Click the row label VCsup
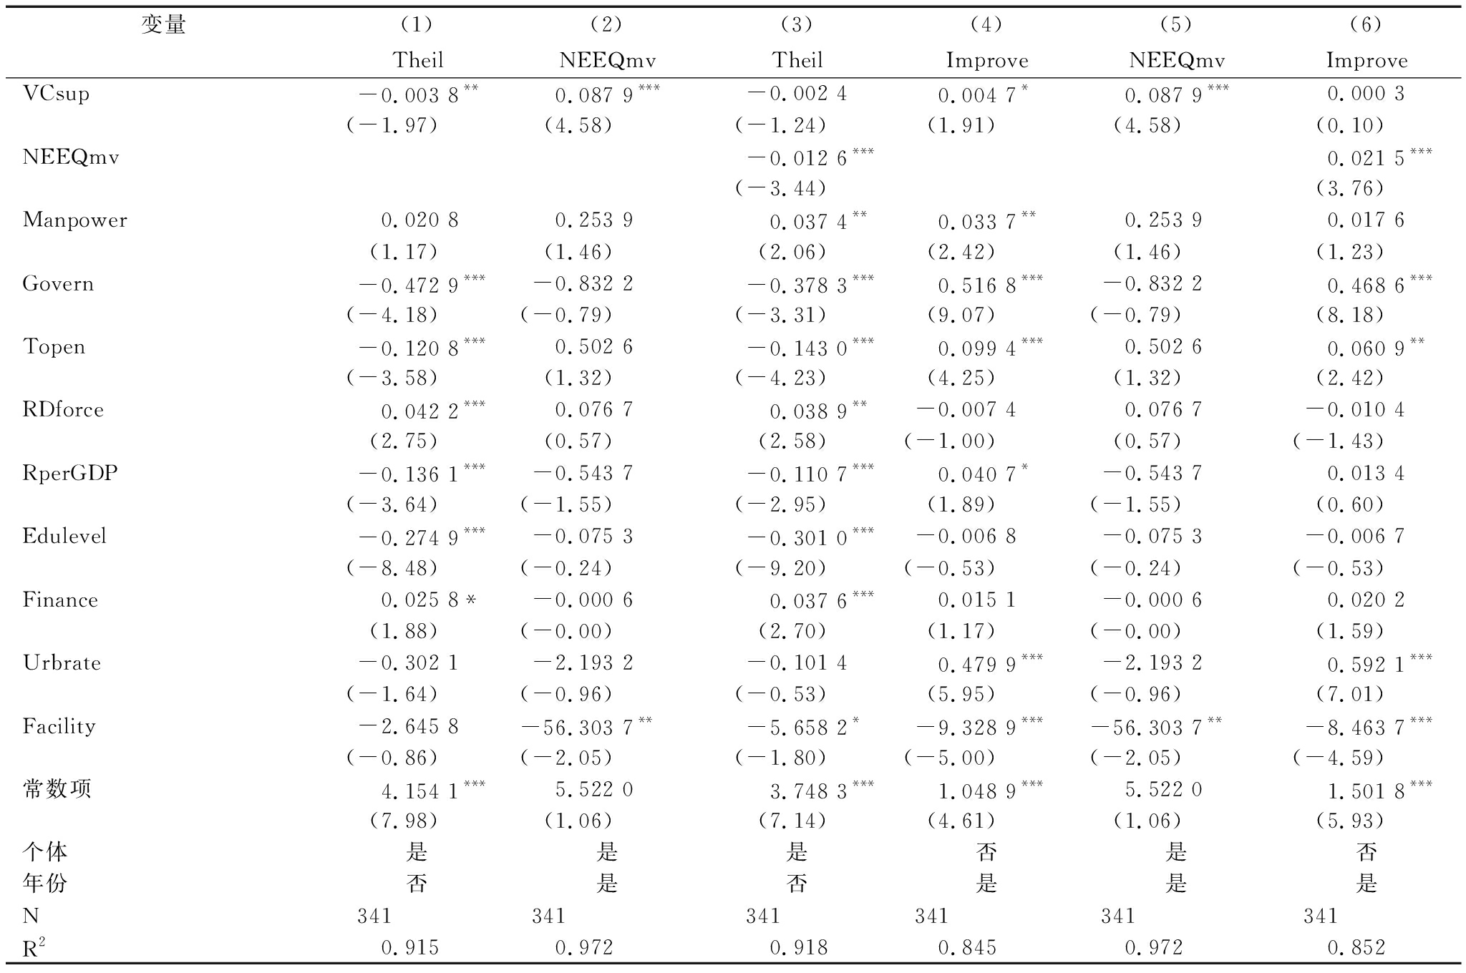pyautogui.click(x=56, y=94)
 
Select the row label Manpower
pyautogui.click(x=74, y=220)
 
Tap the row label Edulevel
pyautogui.click(x=64, y=537)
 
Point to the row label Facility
pyautogui.click(x=59, y=726)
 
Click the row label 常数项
pyautogui.click(x=57, y=789)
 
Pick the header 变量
pyautogui.click(x=163, y=26)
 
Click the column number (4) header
pyautogui.click(x=986, y=26)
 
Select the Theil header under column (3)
pyautogui.click(x=797, y=60)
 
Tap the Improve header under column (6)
pyautogui.click(x=1367, y=60)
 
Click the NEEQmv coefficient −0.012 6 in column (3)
pyautogui.click(x=797, y=158)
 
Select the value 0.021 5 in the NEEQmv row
pyautogui.click(x=1366, y=158)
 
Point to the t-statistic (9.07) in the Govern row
pyautogui.click(x=961, y=315)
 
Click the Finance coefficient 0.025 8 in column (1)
pyautogui.click(x=419, y=600)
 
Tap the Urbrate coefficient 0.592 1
pyautogui.click(x=1366, y=665)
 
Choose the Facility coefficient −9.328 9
pyautogui.click(x=966, y=728)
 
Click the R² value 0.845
pyautogui.click(x=966, y=948)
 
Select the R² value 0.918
pyautogui.click(x=799, y=948)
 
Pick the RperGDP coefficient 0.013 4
pyautogui.click(x=1366, y=474)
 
